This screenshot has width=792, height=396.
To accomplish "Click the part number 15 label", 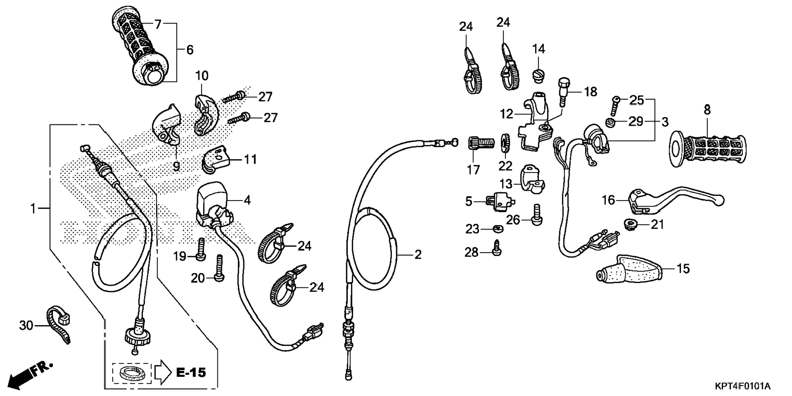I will point(683,269).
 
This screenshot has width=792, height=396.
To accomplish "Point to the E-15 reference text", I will point(191,373).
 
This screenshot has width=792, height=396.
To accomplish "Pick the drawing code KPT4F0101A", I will point(742,386).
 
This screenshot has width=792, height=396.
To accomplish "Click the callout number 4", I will point(247,200).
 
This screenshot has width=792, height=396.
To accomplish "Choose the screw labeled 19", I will point(201,249).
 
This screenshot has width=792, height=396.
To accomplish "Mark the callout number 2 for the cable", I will point(417,255).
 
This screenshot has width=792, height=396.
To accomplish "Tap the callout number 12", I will point(506,114).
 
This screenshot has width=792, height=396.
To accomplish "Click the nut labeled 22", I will point(505,143).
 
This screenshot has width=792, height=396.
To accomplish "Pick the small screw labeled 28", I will point(497,249).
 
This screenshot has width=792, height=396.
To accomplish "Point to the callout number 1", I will point(33,209).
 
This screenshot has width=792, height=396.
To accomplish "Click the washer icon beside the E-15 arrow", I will point(131,373).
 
